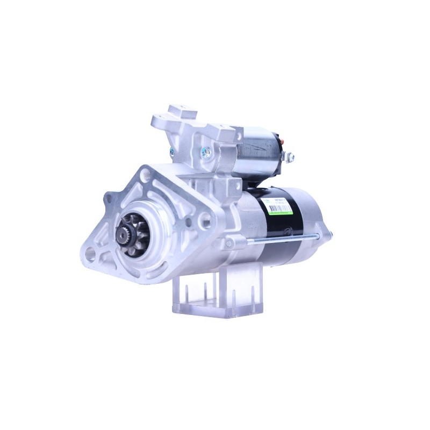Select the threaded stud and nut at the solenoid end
(x=290, y=156)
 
